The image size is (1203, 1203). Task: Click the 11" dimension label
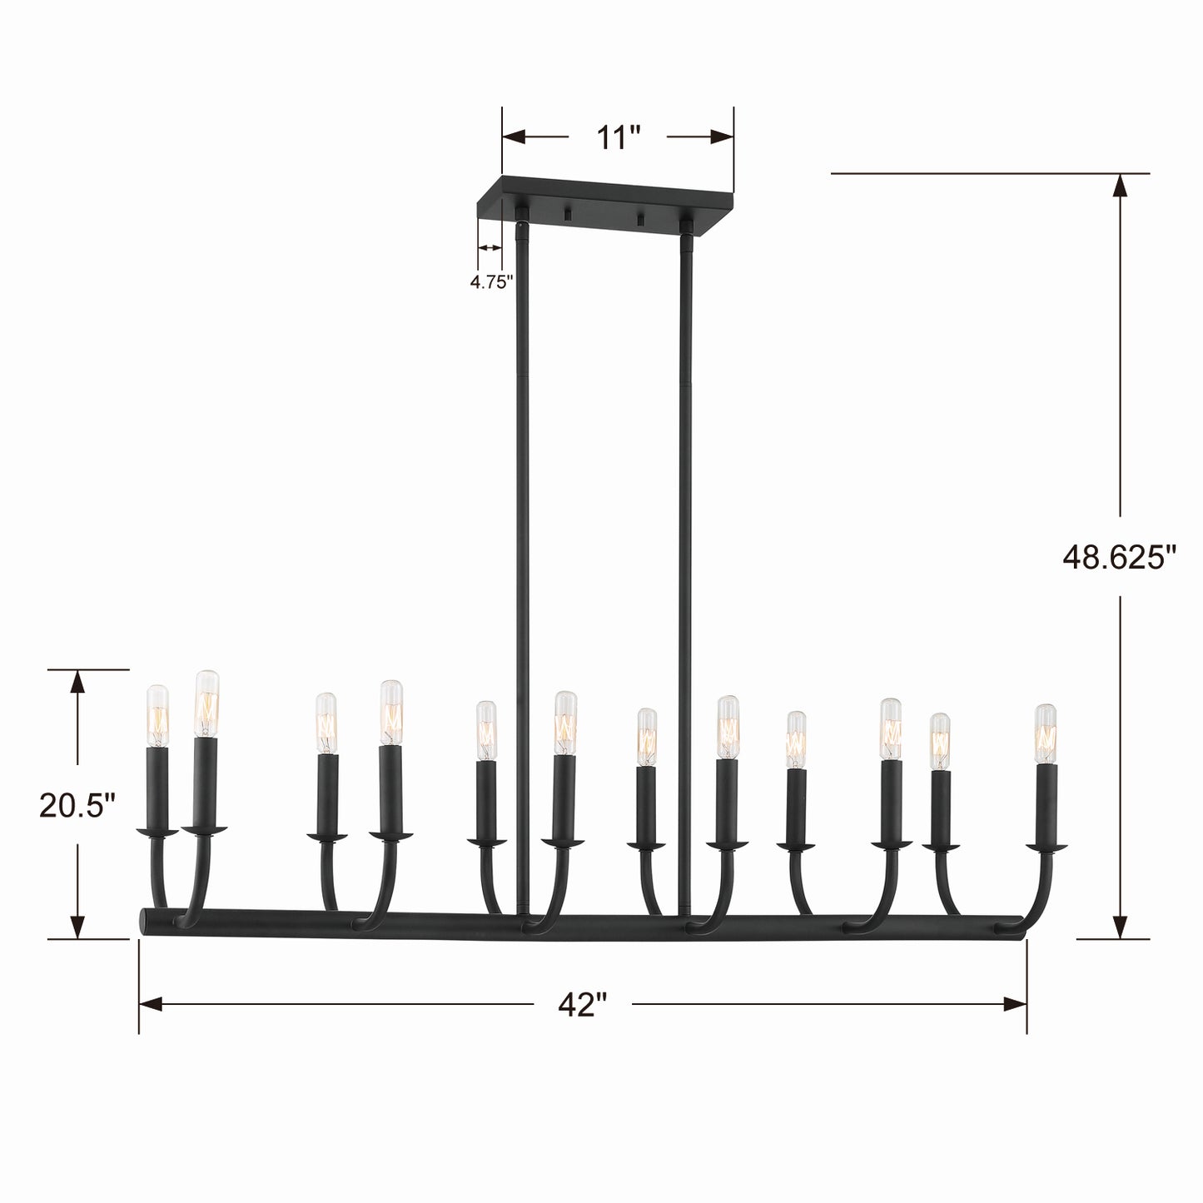618,137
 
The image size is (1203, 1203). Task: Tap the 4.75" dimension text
491,282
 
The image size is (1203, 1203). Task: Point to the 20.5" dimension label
78,805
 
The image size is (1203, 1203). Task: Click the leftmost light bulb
158,716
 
